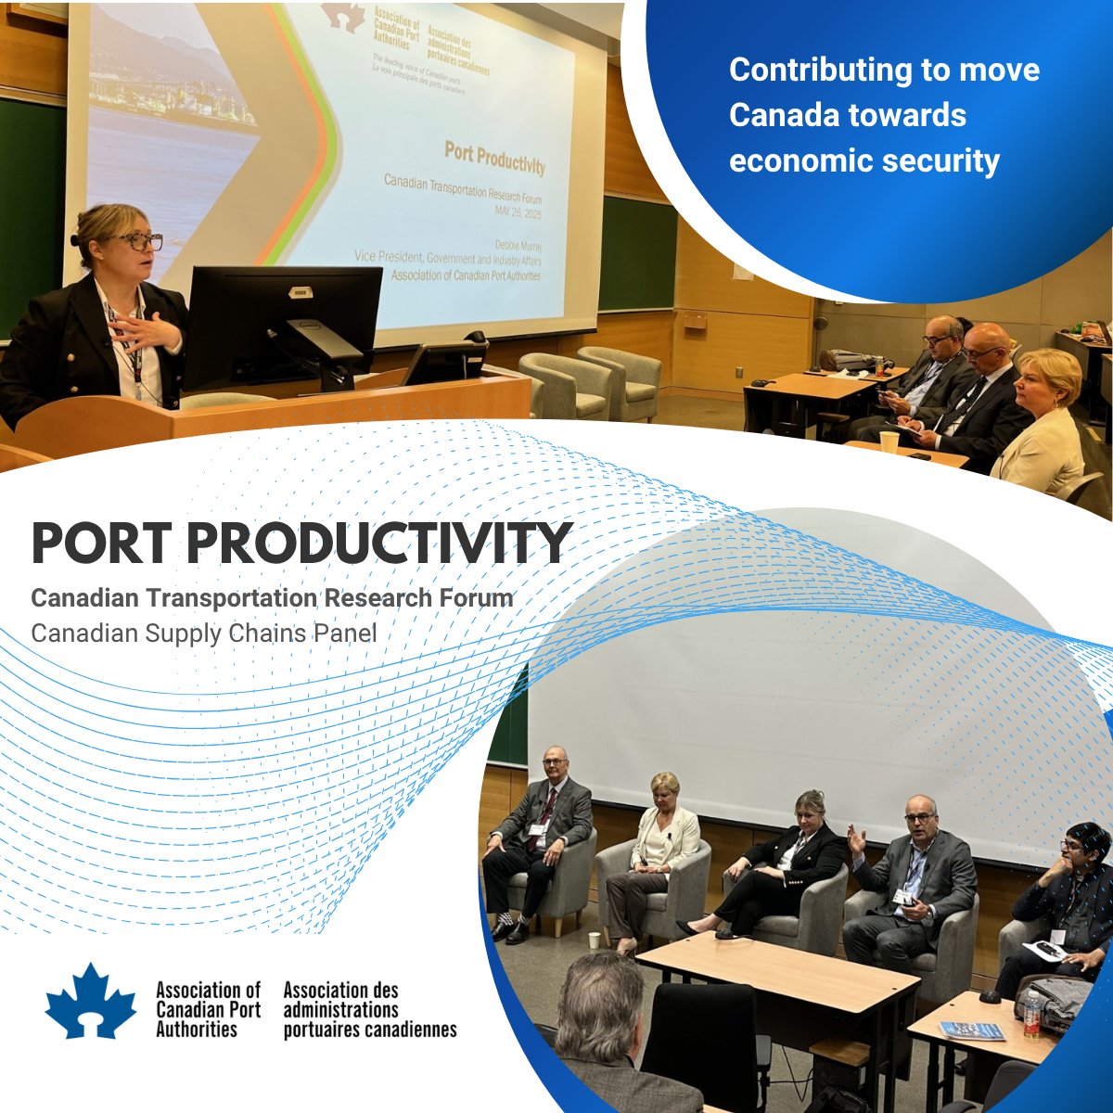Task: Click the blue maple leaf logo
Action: [91, 1002]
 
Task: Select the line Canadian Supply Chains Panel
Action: [204, 633]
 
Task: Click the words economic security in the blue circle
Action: [864, 160]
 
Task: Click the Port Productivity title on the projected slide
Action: [494, 157]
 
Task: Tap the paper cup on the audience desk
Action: [889, 441]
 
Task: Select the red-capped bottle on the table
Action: [1032, 1013]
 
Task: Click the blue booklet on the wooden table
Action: [971, 1030]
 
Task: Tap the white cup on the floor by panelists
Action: [594, 939]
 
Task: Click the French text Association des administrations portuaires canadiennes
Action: [369, 1010]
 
